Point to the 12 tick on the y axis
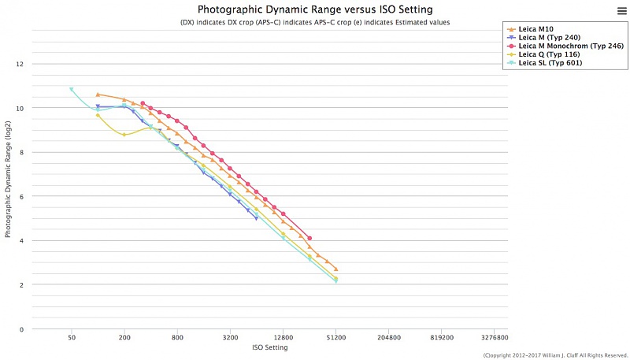coord(22,64)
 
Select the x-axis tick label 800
coord(177,336)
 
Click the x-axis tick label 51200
coord(335,336)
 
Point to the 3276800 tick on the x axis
coord(494,336)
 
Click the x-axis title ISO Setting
coord(269,347)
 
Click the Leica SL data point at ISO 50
coord(72,90)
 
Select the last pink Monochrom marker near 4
coord(309,238)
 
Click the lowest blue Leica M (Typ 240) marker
coord(256,218)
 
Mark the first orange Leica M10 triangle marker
coord(98,95)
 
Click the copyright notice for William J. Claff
coord(555,355)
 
